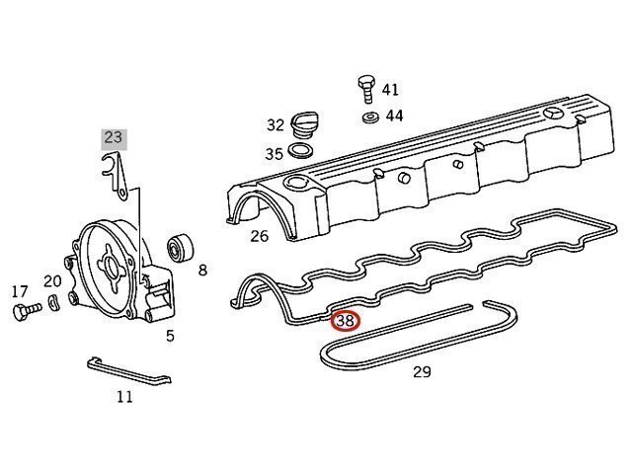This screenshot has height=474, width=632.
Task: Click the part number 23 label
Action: (115, 137)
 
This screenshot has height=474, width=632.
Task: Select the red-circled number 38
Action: (346, 320)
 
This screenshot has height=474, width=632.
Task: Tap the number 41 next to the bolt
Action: (391, 89)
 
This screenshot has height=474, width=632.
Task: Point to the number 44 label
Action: (394, 116)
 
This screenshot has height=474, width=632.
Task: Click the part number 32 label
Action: (275, 125)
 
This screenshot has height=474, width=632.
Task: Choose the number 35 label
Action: (274, 153)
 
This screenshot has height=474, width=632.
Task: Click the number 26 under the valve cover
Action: (259, 235)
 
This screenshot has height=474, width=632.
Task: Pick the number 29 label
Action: (422, 372)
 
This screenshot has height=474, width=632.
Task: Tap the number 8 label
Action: (202, 269)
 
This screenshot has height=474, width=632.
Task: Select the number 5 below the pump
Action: (170, 336)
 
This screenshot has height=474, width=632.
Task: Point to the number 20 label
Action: (52, 280)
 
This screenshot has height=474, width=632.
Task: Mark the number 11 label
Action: (124, 397)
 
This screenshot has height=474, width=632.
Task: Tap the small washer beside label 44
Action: (371, 118)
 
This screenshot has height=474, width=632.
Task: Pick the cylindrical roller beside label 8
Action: (181, 248)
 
